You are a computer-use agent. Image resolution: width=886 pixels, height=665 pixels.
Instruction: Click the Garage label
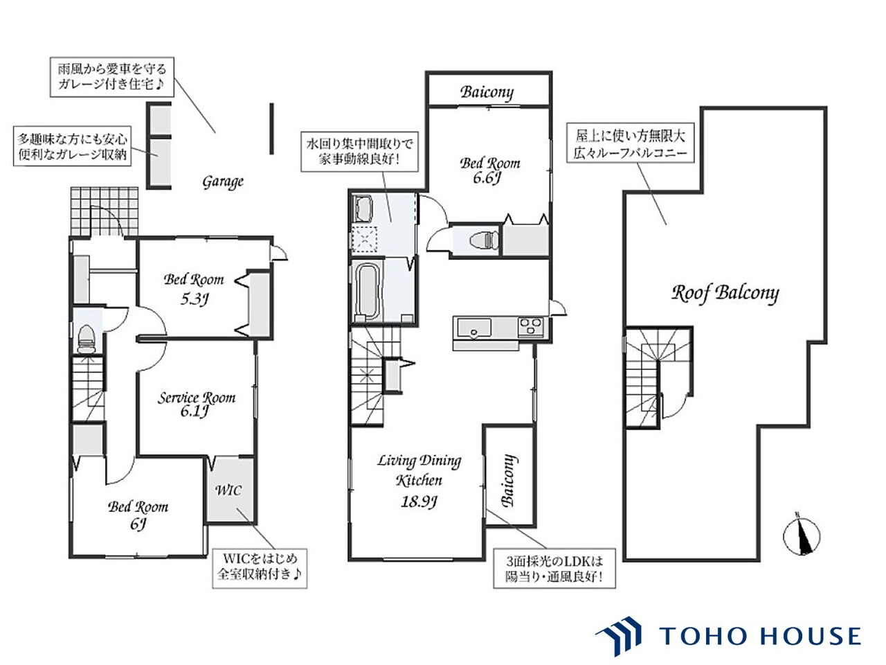[223, 181]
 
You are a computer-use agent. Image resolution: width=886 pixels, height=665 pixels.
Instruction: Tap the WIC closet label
[228, 490]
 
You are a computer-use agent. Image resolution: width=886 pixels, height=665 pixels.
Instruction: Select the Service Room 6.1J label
[196, 404]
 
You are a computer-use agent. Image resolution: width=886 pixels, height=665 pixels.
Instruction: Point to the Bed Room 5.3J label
[194, 289]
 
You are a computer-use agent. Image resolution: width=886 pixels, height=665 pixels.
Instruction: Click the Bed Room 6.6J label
[489, 170]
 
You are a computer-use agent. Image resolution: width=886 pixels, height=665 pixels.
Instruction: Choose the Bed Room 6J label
[138, 515]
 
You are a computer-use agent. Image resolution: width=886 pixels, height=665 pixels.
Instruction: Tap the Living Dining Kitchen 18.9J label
[419, 481]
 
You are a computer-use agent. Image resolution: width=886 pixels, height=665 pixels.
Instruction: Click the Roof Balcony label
[725, 293]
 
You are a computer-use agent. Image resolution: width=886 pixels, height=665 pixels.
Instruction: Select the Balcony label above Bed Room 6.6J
[487, 92]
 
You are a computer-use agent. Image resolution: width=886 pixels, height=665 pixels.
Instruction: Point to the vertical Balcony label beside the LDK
[508, 481]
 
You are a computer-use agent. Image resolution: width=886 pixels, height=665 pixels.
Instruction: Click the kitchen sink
[473, 327]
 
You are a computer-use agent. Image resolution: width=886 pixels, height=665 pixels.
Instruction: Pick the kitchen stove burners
[530, 327]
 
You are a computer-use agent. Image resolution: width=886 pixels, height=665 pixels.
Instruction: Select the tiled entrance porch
[104, 211]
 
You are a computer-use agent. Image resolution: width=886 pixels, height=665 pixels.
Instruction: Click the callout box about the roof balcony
[630, 143]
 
